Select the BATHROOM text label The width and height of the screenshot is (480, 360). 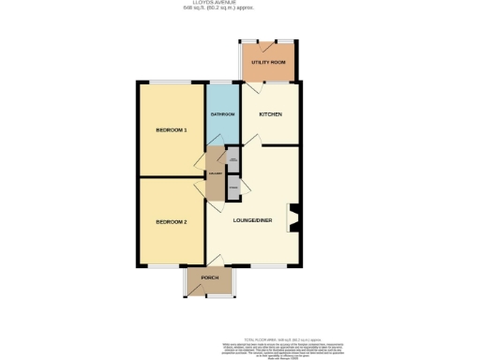[222, 114]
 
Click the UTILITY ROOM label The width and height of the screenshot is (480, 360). [268, 62]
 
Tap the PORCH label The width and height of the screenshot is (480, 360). [209, 278]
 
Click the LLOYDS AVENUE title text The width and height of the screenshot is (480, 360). [239, 4]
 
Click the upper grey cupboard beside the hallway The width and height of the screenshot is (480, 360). [232, 161]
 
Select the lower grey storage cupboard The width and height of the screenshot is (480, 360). [232, 187]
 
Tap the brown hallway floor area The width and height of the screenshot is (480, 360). [216, 175]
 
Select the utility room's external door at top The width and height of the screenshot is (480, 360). [268, 42]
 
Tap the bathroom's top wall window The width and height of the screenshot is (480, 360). [223, 83]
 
